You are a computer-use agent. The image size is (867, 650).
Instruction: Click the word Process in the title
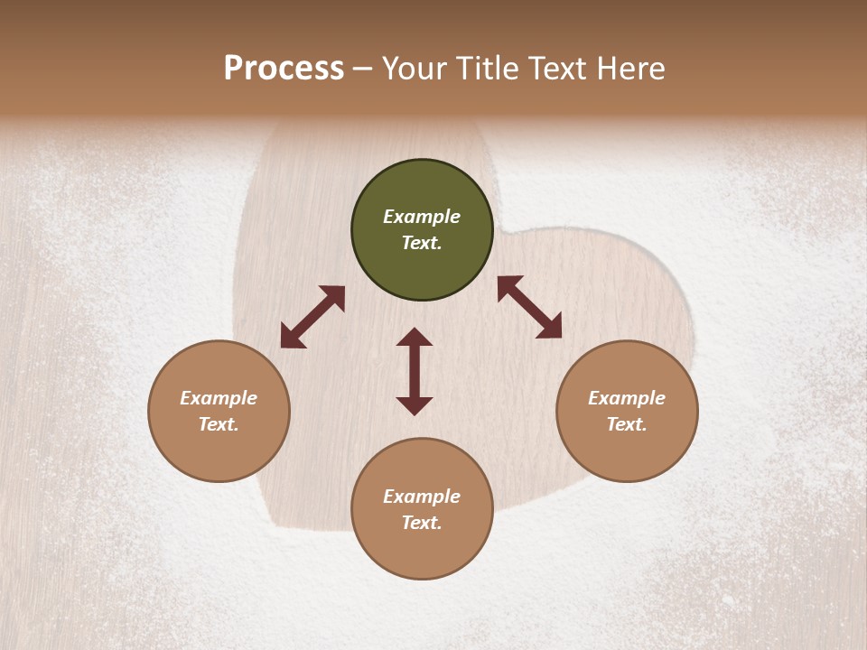coord(284,69)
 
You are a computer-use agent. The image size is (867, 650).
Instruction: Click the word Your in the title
coord(416,69)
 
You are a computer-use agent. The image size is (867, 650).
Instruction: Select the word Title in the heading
coord(486,69)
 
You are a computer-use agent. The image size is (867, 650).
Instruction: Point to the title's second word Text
coord(558,69)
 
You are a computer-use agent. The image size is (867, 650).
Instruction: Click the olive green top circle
coord(422,230)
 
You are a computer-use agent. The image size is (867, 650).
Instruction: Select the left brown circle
coord(219,411)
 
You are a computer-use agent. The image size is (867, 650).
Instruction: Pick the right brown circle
coord(627,411)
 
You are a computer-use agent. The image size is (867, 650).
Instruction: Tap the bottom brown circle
coord(422,509)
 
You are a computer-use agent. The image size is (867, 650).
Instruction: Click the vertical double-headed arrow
coord(415,371)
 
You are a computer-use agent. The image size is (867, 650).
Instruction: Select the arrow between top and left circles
coord(312,317)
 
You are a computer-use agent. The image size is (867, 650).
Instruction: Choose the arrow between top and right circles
coord(530,307)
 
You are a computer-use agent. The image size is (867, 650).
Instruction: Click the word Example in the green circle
coord(422,217)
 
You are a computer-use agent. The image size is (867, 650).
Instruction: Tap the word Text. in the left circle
coord(219,424)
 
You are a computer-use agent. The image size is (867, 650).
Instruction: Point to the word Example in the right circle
coord(627,398)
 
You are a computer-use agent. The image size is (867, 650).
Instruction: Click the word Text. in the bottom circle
coord(422,523)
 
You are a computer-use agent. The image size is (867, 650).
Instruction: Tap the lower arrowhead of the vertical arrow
coord(415,405)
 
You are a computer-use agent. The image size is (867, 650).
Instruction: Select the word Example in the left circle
coord(219,398)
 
